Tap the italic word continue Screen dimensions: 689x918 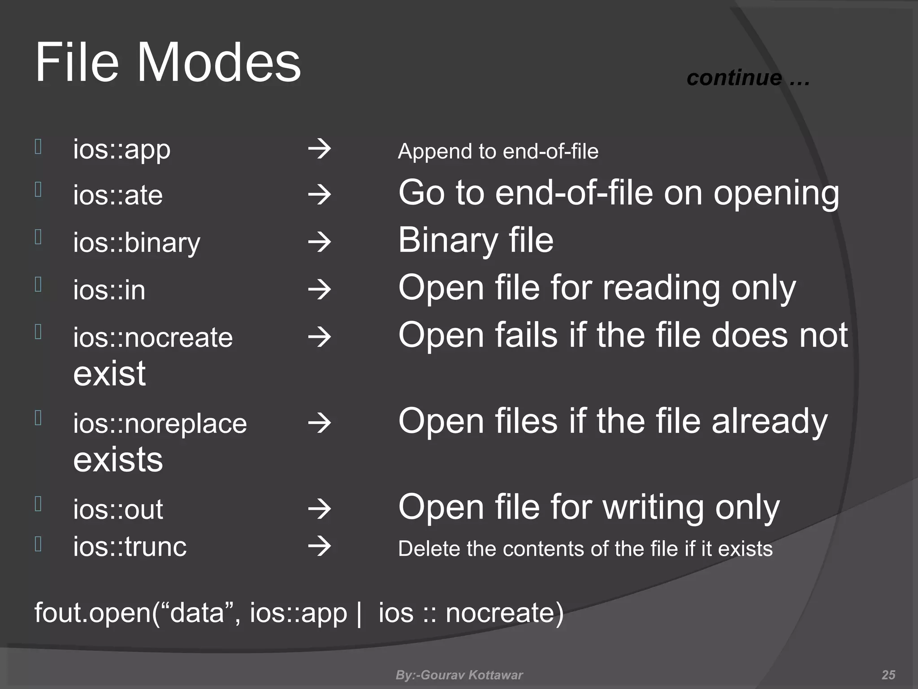(x=734, y=78)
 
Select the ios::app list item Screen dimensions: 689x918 (x=122, y=150)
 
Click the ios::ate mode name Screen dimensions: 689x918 (x=118, y=196)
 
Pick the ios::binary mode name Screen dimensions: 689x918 (x=137, y=243)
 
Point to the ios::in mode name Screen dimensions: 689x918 (x=109, y=290)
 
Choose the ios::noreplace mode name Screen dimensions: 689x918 (x=160, y=423)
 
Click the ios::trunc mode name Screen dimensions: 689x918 (x=130, y=547)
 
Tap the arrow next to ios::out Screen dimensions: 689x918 (x=320, y=509)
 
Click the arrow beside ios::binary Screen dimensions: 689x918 (x=320, y=242)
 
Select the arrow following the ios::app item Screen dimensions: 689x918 (x=320, y=149)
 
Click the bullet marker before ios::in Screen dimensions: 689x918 (x=39, y=284)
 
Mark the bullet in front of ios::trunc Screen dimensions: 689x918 (x=39, y=544)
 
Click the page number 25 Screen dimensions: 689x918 (x=888, y=675)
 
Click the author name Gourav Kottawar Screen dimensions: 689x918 (x=472, y=675)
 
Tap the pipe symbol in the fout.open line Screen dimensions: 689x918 (x=359, y=613)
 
